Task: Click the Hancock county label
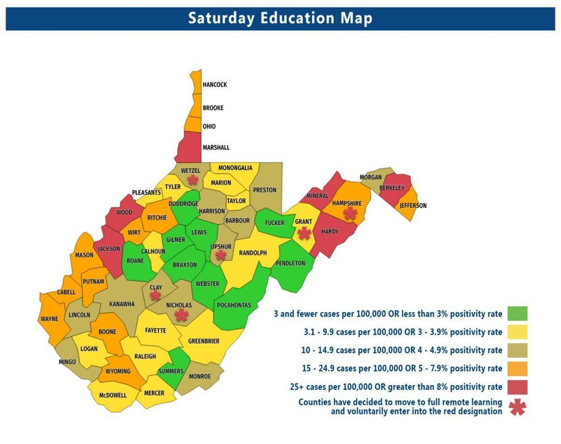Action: [x=215, y=85]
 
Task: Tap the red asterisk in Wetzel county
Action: [x=192, y=179]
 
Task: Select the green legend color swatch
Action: [x=518, y=313]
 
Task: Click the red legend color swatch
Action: [x=518, y=387]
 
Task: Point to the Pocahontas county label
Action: [x=234, y=305]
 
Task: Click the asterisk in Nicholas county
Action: [x=181, y=315]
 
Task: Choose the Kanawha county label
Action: [x=121, y=304]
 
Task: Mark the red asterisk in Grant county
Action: [x=305, y=233]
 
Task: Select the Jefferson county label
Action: [x=413, y=206]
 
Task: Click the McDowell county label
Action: [x=112, y=395]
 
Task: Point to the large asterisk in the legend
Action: [x=518, y=407]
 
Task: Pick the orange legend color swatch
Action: [x=518, y=369]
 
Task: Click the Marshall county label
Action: [x=216, y=147]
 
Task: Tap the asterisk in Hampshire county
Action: [x=350, y=213]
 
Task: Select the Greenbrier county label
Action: [x=203, y=342]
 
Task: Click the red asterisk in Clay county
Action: [x=156, y=295]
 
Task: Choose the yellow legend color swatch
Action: [x=518, y=332]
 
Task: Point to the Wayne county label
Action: [x=49, y=319]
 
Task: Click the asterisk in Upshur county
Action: [x=221, y=255]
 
